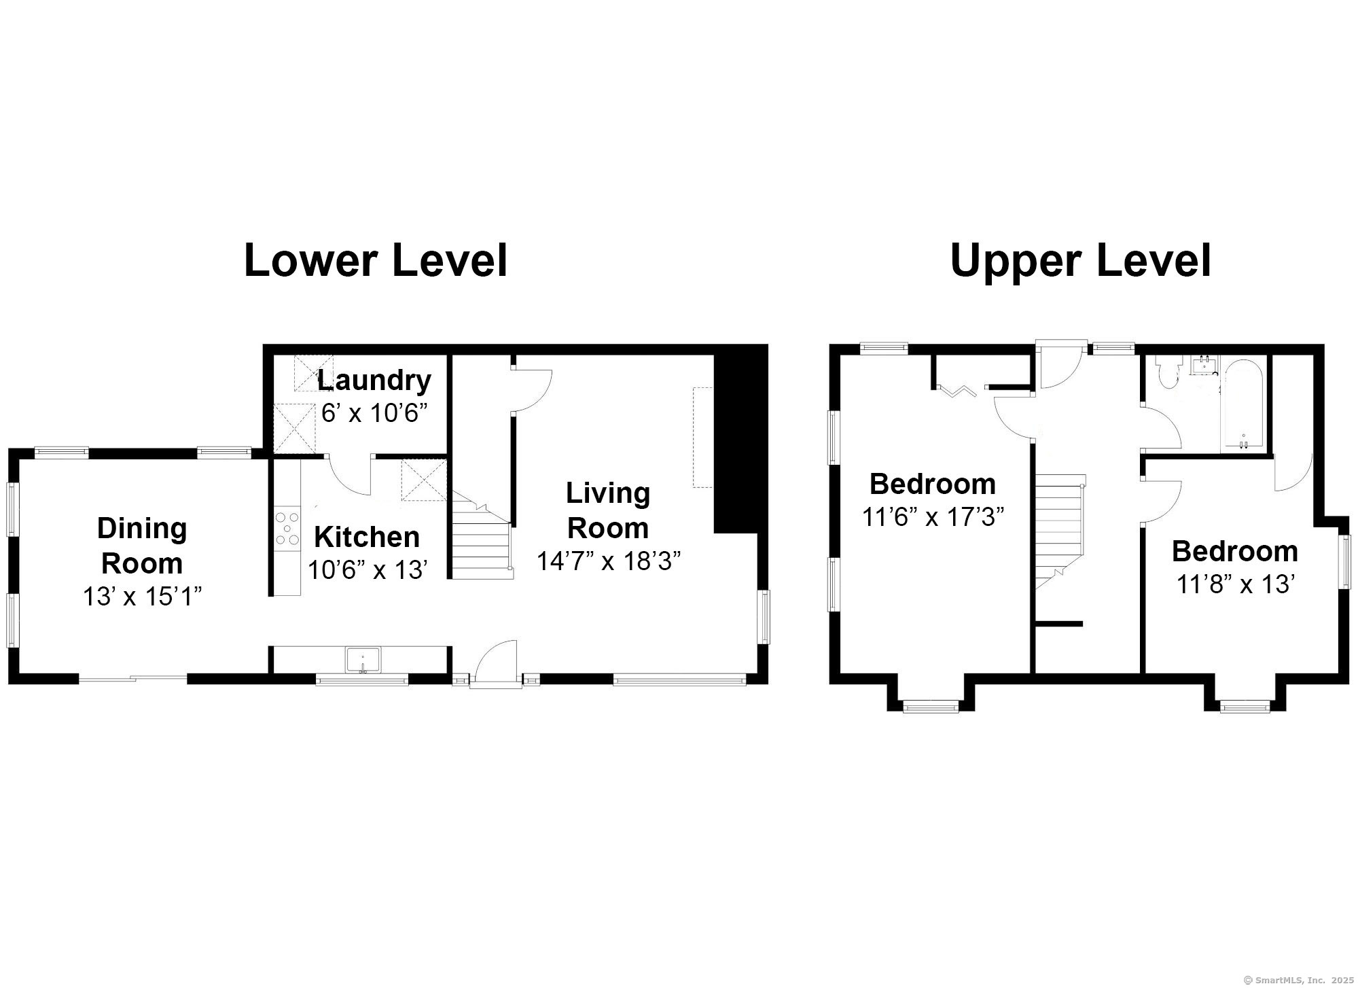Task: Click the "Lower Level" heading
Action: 376,261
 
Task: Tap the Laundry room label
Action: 374,380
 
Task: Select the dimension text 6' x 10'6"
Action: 374,412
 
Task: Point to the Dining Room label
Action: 142,546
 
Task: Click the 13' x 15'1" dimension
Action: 143,597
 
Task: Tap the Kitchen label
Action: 367,537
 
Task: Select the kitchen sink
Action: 363,660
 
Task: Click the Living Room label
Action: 608,510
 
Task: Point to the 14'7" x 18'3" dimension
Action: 609,561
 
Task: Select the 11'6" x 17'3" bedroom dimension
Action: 933,517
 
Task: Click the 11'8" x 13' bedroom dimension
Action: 1234,583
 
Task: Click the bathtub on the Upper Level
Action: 1243,404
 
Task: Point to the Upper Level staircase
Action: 1060,537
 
